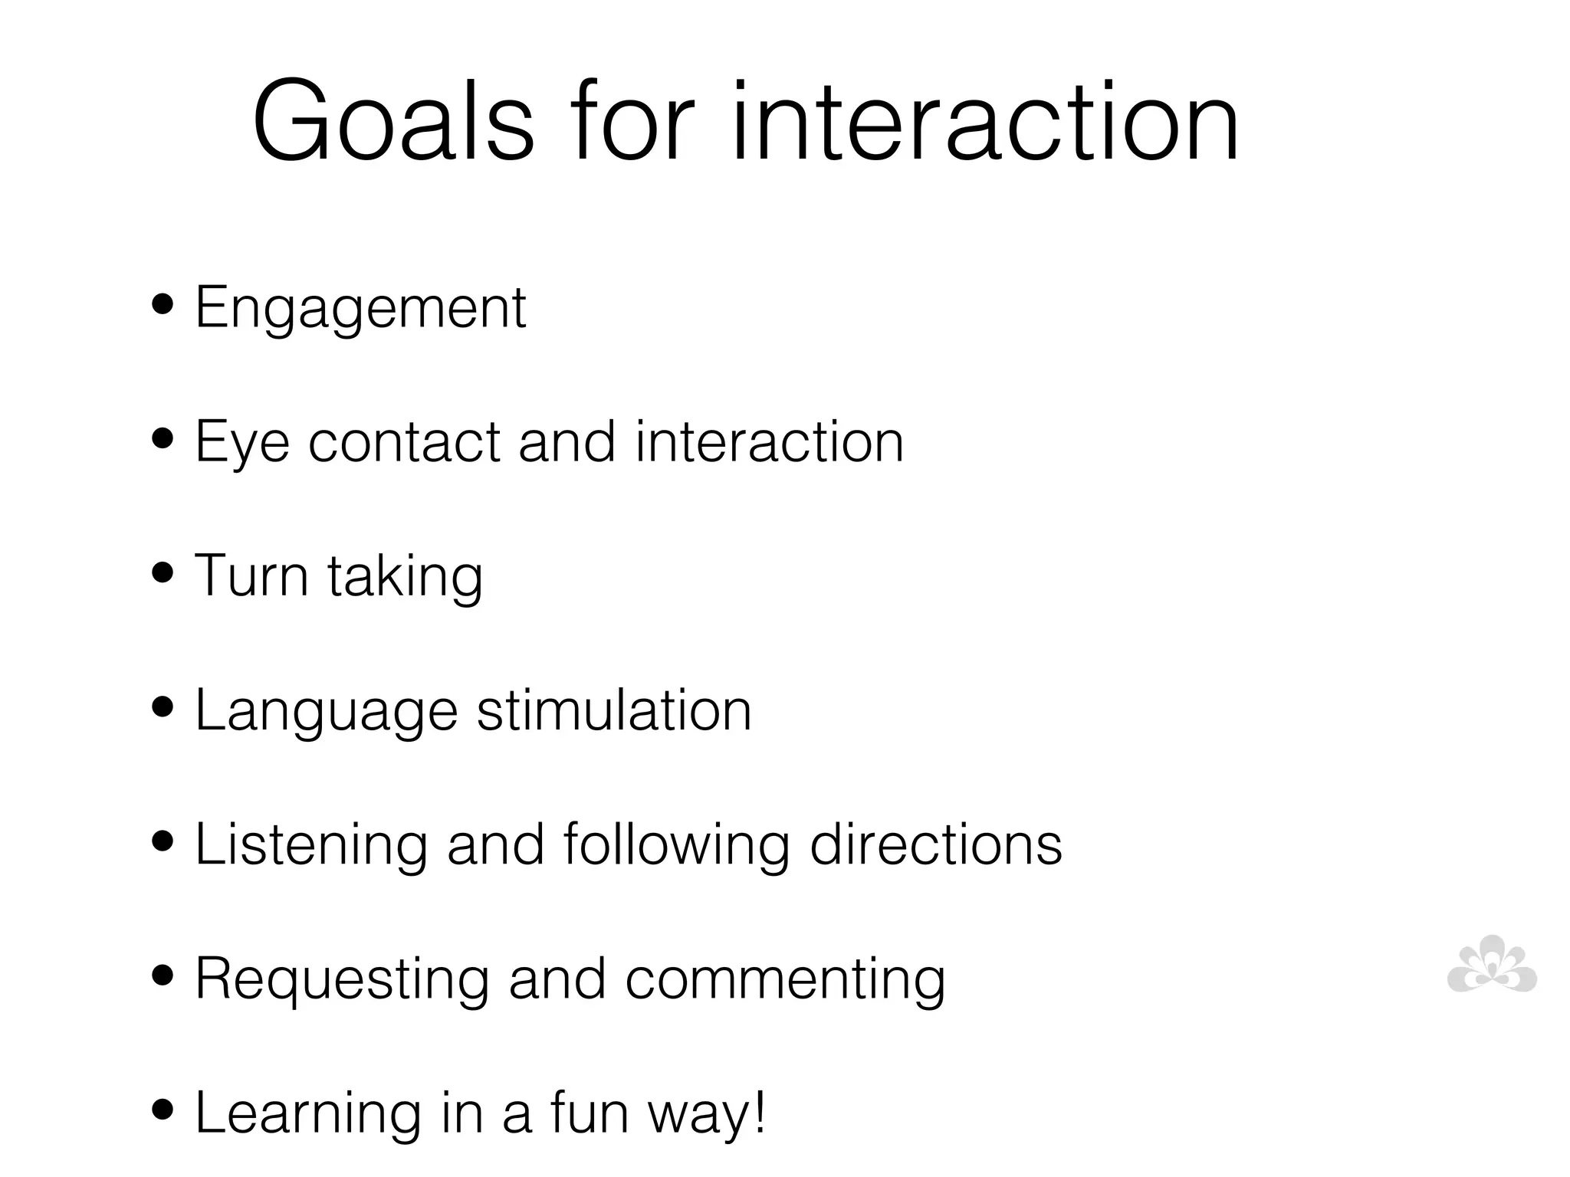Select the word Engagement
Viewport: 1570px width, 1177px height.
click(x=360, y=308)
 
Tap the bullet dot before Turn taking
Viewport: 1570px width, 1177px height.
click(x=163, y=573)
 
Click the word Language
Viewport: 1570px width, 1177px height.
click(x=327, y=711)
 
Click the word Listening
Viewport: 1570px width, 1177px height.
click(x=311, y=845)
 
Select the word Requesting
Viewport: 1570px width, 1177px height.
click(x=342, y=980)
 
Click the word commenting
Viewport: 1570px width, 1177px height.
click(x=785, y=980)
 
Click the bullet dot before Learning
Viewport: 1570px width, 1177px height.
click(x=163, y=1110)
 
